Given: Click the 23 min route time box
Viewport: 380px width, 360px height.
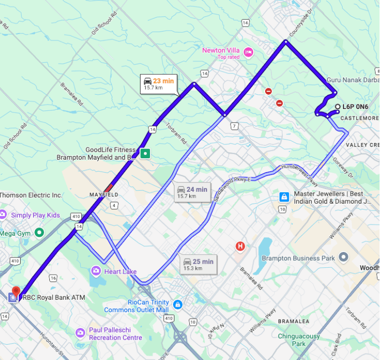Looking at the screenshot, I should pyautogui.click(x=159, y=84).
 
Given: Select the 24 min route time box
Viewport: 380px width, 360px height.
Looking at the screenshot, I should pyautogui.click(x=192, y=192).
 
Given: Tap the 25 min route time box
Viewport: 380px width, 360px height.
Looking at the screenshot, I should pyautogui.click(x=199, y=264).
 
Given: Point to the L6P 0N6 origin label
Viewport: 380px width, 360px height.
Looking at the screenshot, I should pyautogui.click(x=355, y=107).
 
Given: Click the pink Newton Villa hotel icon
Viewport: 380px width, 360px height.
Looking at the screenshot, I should pyautogui.click(x=248, y=52).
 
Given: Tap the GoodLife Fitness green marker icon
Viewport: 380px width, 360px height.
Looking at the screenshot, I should pyautogui.click(x=145, y=153).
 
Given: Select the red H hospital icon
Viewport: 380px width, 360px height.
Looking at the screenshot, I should pyautogui.click(x=240, y=246).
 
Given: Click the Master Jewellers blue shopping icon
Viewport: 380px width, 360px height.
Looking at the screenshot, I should pyautogui.click(x=284, y=197).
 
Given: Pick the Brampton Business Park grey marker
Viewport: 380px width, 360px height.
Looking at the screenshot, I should pyautogui.click(x=344, y=257).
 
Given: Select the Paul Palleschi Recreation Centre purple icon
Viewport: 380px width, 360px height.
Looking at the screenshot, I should pyautogui.click(x=80, y=333).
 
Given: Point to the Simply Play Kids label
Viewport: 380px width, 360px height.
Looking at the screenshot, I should pyautogui.click(x=35, y=215).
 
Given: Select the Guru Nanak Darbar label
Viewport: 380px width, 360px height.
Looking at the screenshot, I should pyautogui.click(x=352, y=80).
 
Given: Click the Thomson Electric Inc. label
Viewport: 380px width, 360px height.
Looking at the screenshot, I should pyautogui.click(x=31, y=195).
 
